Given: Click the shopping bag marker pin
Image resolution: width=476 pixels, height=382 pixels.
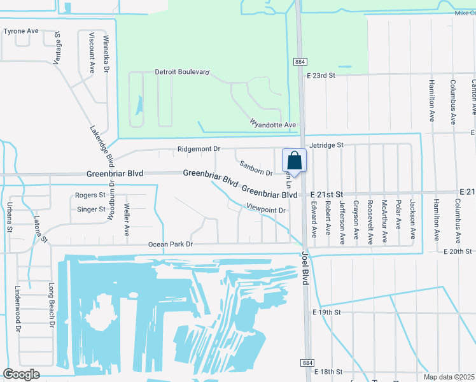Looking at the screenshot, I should click(293, 160).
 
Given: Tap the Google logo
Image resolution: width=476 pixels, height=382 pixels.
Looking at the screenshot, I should click(21, 374).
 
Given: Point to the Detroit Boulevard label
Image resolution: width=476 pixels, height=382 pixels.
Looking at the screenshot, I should click(182, 73).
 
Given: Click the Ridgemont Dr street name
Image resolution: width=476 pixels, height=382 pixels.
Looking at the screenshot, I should click(199, 148).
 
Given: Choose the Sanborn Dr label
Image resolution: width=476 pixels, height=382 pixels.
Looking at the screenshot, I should click(256, 168).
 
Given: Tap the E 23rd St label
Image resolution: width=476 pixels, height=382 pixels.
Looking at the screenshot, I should click(321, 75).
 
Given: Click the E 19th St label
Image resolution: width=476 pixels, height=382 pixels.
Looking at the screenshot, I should click(327, 313).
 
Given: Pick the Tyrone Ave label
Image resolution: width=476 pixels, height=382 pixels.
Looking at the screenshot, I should click(21, 31).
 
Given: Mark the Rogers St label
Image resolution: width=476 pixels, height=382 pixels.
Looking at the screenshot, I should click(90, 195).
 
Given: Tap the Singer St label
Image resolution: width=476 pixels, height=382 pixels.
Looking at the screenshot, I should click(91, 209).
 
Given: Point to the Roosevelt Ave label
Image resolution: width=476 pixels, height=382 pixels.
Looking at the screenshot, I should click(370, 223).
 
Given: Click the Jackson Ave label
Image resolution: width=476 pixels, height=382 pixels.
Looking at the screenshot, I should click(412, 220).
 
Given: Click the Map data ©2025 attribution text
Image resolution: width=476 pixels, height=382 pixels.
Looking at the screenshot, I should click(449, 377).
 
